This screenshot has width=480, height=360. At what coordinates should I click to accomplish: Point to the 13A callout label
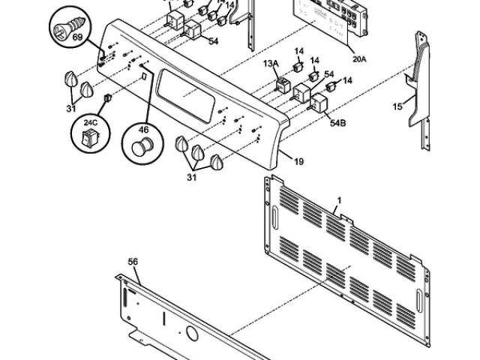(x=269, y=65)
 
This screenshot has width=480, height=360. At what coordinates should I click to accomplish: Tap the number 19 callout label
(x=298, y=160)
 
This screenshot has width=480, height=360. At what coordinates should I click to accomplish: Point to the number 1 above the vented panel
(x=339, y=200)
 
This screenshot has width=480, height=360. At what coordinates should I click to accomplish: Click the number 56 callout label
(x=133, y=262)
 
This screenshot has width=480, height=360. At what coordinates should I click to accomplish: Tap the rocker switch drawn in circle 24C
(x=89, y=138)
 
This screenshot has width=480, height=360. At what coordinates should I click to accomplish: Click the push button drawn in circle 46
(x=139, y=146)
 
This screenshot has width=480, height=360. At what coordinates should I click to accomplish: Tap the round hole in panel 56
(x=191, y=332)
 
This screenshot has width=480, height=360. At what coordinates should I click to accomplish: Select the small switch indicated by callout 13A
(x=284, y=84)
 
